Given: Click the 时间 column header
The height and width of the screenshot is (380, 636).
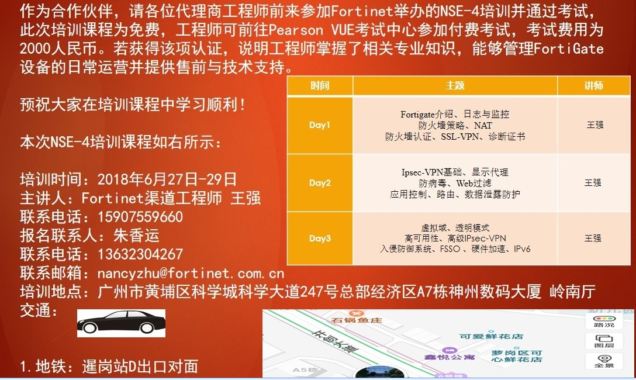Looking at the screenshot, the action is coord(320,85).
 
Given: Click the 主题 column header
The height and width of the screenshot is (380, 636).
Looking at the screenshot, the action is coord(455,85).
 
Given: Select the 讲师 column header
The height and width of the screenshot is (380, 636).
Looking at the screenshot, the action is coord(594,85).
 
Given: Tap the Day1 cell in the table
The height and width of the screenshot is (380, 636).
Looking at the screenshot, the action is coord(320,125).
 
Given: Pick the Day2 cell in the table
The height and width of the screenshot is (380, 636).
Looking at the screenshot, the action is coord(320,183).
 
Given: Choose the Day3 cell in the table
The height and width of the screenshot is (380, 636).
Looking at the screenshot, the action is coord(320,239).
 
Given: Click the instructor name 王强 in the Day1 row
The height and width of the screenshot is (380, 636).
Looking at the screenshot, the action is coord(595,125).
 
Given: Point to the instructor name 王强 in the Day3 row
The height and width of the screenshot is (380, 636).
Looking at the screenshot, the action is coord(593,239).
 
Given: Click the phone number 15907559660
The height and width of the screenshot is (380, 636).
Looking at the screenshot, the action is coord(140,217).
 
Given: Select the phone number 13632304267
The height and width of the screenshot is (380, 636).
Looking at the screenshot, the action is coord(140,254).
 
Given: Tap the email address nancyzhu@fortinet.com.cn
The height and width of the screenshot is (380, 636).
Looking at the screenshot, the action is coord(191,274).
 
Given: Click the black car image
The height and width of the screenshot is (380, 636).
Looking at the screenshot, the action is coord(121,323).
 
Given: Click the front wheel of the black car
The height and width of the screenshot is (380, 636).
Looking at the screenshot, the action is coord(89,328).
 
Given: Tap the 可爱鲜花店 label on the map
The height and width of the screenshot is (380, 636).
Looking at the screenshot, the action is coord(491,336).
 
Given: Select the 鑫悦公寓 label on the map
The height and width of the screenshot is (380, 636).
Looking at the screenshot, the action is coord(450,357).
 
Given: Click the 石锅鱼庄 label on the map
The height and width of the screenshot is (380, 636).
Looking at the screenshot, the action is coord(357,320).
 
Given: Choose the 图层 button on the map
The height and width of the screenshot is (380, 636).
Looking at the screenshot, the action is coord(604,341).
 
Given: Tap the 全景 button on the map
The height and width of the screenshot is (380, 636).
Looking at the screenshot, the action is coord(604,361).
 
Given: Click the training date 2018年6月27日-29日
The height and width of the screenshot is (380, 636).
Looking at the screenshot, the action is coord(167,179).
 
